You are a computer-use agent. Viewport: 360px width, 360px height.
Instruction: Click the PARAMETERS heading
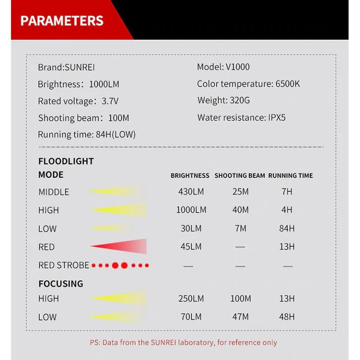pyautogui.click(x=62, y=21)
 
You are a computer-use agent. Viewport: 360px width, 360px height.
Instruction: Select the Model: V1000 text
pyautogui.click(x=223, y=67)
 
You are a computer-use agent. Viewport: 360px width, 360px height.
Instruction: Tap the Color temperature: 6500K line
pyautogui.click(x=248, y=84)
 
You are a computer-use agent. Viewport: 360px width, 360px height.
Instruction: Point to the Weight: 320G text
pyautogui.click(x=224, y=101)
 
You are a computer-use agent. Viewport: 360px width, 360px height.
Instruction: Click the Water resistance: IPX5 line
pyautogui.click(x=241, y=118)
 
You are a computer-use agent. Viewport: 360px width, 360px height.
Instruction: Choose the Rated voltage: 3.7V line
pyautogui.click(x=78, y=101)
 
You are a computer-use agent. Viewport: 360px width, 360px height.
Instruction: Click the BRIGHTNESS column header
pyautogui.click(x=190, y=176)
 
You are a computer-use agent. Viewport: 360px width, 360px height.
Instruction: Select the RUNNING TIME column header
pyautogui.click(x=291, y=176)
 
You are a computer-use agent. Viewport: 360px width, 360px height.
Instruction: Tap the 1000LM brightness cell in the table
pyautogui.click(x=191, y=210)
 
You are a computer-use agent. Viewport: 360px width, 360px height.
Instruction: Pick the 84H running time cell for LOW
pyautogui.click(x=287, y=229)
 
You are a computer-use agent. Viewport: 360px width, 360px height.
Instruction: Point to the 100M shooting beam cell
pyautogui.click(x=240, y=299)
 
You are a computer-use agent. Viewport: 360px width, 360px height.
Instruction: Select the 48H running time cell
pyautogui.click(x=287, y=317)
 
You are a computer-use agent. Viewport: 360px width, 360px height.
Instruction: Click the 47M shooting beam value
pyautogui.click(x=240, y=317)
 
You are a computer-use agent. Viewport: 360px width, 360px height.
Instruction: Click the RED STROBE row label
pyautogui.click(x=63, y=265)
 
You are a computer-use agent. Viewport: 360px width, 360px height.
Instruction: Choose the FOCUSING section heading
pyautogui.click(x=60, y=284)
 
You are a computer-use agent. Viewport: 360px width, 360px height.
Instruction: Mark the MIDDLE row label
pyautogui.click(x=54, y=192)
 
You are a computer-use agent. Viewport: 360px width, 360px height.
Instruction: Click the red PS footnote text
pyautogui.click(x=183, y=342)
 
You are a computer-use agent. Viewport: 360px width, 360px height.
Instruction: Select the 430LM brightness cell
pyautogui.click(x=191, y=191)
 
